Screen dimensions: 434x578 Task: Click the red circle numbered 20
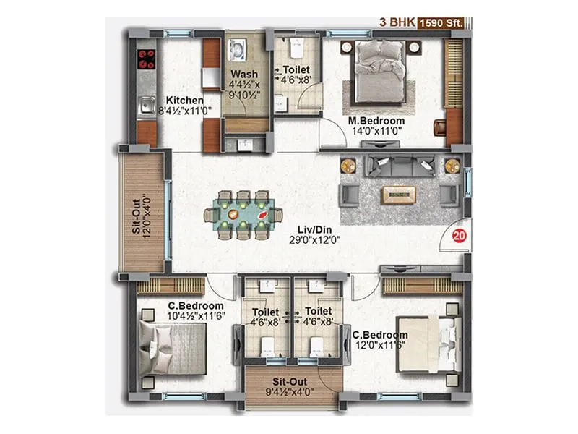pyautogui.click(x=457, y=235)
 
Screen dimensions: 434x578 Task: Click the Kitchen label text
pyautogui.click(x=184, y=101)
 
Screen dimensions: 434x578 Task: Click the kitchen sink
pyautogui.click(x=146, y=105)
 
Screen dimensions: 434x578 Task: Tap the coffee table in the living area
pyautogui.click(x=399, y=192)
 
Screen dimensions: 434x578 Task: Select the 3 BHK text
pyautogui.click(x=394, y=22)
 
